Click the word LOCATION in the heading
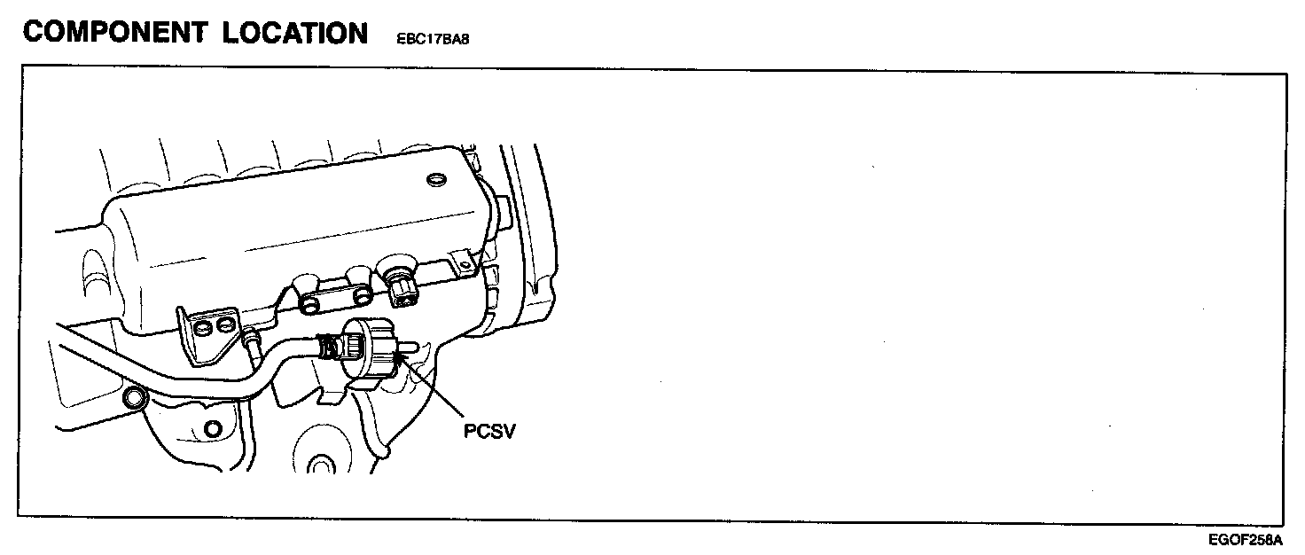coord(295,33)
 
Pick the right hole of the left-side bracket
coord(227,325)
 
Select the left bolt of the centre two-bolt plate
coord(310,305)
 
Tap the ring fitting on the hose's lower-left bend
coord(136,399)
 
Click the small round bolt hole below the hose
coord(212,430)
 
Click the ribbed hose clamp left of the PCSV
coord(331,348)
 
